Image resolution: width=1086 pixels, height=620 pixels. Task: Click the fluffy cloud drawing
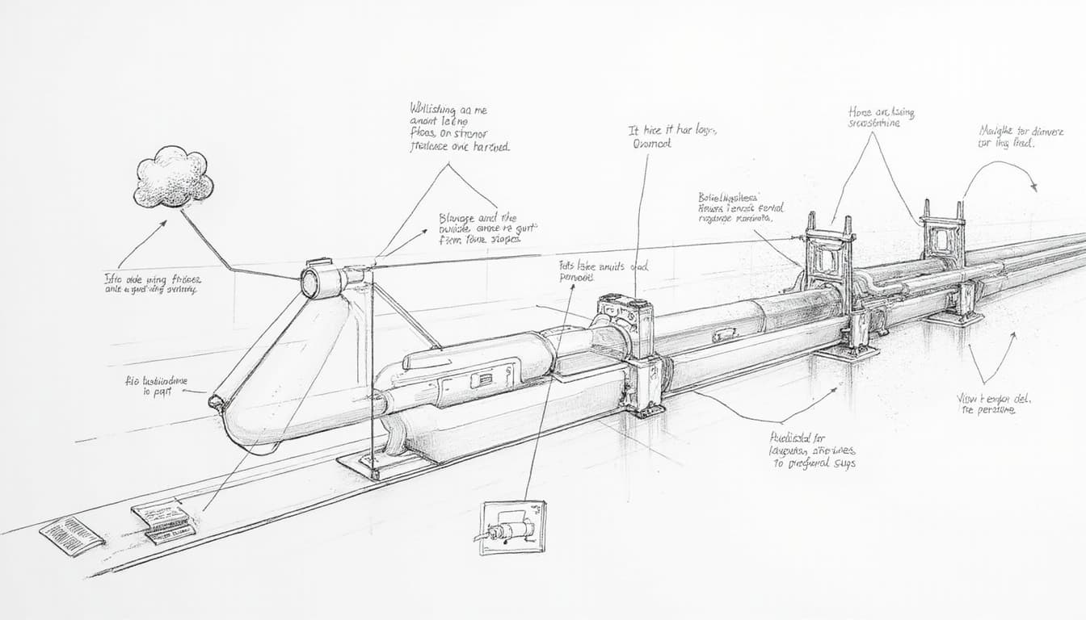(174, 177)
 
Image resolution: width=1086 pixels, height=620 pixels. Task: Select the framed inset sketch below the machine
(513, 527)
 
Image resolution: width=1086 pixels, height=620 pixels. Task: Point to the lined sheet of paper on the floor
(72, 535)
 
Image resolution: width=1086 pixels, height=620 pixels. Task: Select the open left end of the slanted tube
(216, 401)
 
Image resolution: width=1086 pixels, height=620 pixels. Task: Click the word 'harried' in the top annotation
(490, 148)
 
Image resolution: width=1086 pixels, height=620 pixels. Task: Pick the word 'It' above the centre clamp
(633, 130)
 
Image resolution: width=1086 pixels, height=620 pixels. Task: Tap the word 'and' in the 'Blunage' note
(489, 217)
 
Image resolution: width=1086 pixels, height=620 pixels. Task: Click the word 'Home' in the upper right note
(860, 112)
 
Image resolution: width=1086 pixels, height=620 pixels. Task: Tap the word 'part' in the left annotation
(162, 394)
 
